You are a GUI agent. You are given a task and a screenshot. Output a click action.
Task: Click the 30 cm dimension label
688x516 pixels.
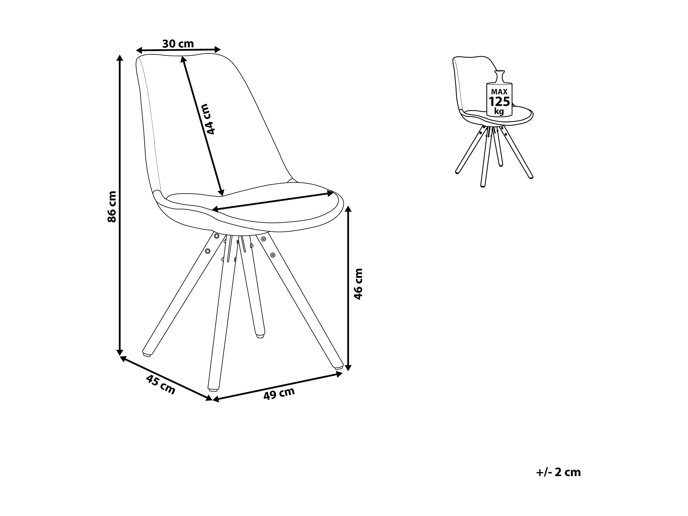(x=178, y=44)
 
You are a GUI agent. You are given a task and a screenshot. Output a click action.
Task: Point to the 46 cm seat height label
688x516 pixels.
(x=358, y=284)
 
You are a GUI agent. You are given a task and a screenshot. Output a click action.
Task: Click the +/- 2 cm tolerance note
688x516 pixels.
(x=558, y=481)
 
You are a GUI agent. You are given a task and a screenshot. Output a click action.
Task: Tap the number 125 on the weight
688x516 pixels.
(x=499, y=101)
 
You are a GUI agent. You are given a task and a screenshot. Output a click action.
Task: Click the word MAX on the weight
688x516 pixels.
(x=499, y=91)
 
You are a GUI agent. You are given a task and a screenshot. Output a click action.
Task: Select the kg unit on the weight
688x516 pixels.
(x=499, y=111)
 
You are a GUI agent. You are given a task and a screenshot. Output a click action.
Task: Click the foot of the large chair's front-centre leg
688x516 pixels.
(x=213, y=389)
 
